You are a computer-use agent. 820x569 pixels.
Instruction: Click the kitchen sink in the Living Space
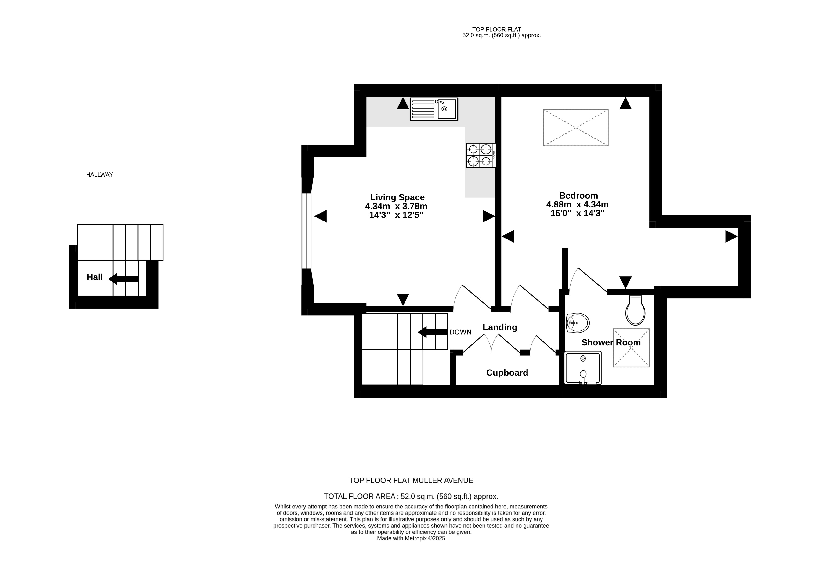(434, 109)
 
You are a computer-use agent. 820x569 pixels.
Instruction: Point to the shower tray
(583, 368)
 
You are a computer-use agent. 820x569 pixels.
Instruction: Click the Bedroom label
(578, 195)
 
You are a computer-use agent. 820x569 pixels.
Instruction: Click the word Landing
(500, 327)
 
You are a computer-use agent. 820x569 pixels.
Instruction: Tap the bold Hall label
(95, 277)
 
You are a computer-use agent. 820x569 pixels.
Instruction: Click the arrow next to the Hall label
(123, 279)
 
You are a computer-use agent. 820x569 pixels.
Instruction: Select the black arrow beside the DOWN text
(433, 332)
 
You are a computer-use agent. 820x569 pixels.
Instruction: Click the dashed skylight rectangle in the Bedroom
(575, 128)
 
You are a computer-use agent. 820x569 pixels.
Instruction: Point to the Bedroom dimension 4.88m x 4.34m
(577, 205)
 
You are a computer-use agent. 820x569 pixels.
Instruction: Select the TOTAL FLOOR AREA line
(411, 496)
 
